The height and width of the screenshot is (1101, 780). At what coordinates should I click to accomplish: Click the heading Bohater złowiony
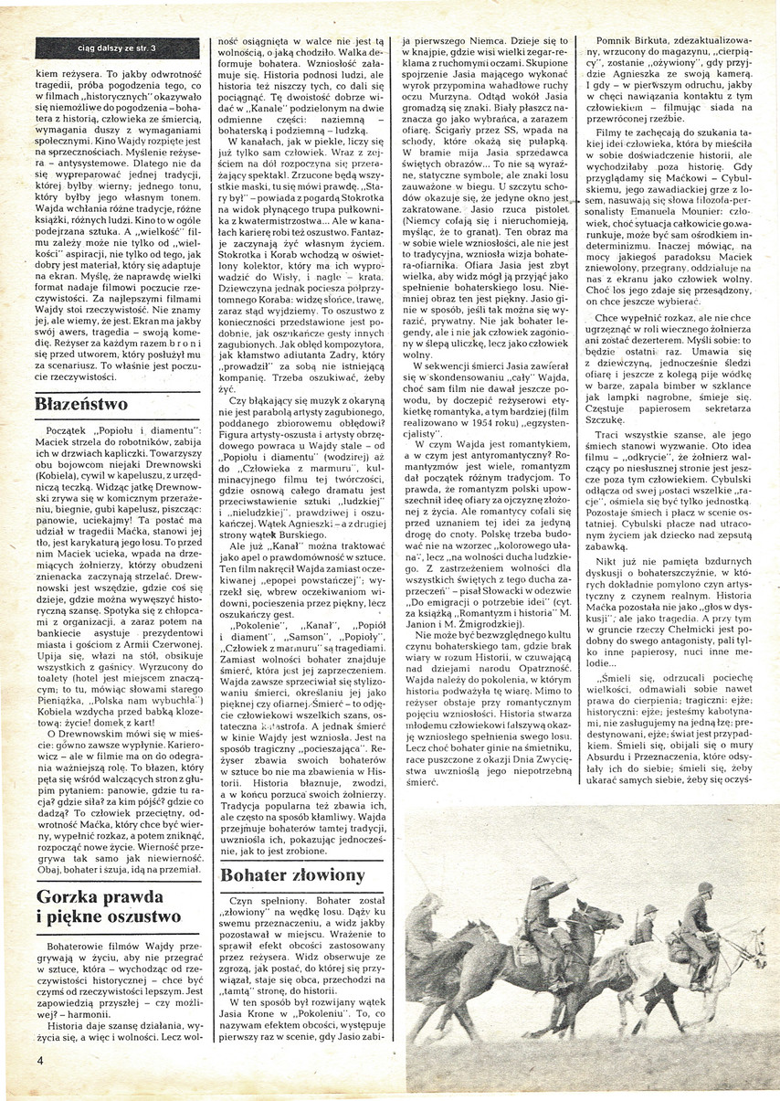pos(292,873)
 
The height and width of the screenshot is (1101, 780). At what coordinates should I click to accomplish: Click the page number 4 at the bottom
pos(40,1060)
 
